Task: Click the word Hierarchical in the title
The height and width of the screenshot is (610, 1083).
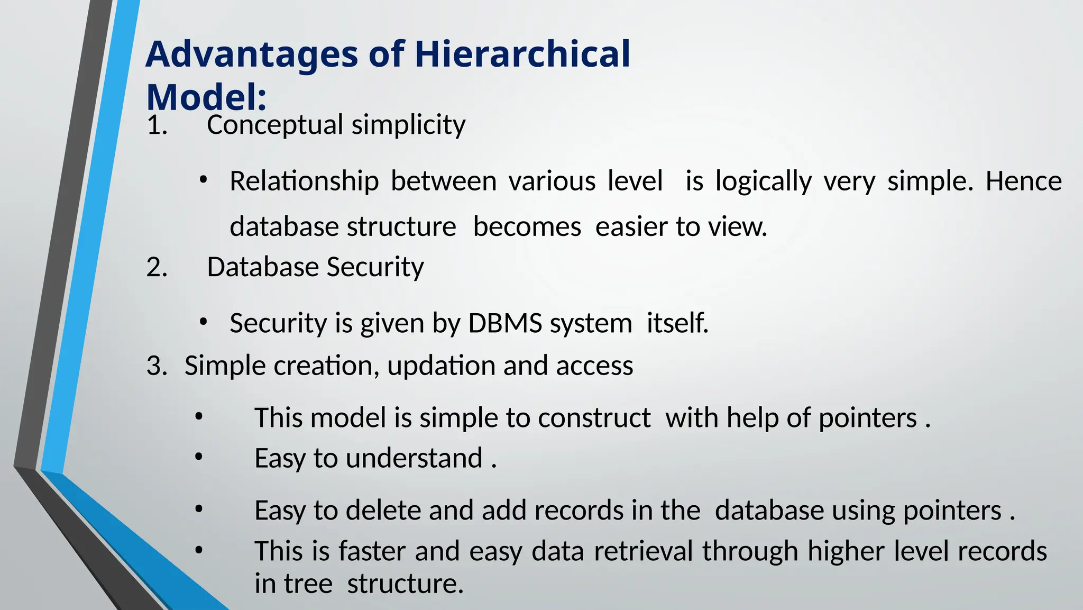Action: (522, 54)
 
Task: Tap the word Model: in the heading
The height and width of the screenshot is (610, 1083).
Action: (206, 97)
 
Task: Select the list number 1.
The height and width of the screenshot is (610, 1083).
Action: (157, 125)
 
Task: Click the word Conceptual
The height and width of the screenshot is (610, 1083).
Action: (275, 125)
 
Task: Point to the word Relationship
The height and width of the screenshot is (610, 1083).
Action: (304, 181)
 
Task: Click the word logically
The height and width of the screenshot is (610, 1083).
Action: (763, 181)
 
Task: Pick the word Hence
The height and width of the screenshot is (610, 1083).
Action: (1023, 181)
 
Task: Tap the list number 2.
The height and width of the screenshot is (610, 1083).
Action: (157, 267)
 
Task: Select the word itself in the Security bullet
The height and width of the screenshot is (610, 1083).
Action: (677, 323)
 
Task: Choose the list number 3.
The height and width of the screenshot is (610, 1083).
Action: (157, 366)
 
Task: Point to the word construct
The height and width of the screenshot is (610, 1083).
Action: (594, 418)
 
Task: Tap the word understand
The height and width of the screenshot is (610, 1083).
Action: (414, 458)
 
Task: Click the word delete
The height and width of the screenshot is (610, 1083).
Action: (383, 511)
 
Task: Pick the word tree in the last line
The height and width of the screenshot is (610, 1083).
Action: (308, 584)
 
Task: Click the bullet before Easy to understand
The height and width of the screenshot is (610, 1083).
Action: (198, 457)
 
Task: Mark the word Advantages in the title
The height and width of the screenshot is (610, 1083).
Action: (252, 54)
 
